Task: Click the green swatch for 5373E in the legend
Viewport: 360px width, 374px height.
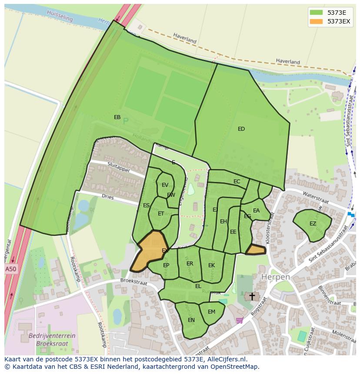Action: click(316, 12)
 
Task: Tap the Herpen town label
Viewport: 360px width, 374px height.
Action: click(275, 277)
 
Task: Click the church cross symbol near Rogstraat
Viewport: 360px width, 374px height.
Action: click(252, 296)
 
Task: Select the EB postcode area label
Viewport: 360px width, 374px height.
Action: click(117, 117)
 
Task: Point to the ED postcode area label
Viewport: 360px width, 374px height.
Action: click(241, 129)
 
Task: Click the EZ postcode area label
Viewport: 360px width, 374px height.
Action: click(313, 224)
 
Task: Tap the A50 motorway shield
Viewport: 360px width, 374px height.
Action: click(10, 269)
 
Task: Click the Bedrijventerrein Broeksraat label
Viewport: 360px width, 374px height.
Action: click(52, 339)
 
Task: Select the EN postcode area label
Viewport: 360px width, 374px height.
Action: click(191, 320)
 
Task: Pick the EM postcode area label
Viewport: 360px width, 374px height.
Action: click(211, 312)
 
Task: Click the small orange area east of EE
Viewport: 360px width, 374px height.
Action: click(256, 250)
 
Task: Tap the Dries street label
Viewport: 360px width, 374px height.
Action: click(107, 197)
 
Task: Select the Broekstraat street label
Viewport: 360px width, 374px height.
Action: click(134, 282)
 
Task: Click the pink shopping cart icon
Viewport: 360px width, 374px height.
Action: click(239, 321)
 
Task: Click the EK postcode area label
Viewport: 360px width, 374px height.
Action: click(211, 265)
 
